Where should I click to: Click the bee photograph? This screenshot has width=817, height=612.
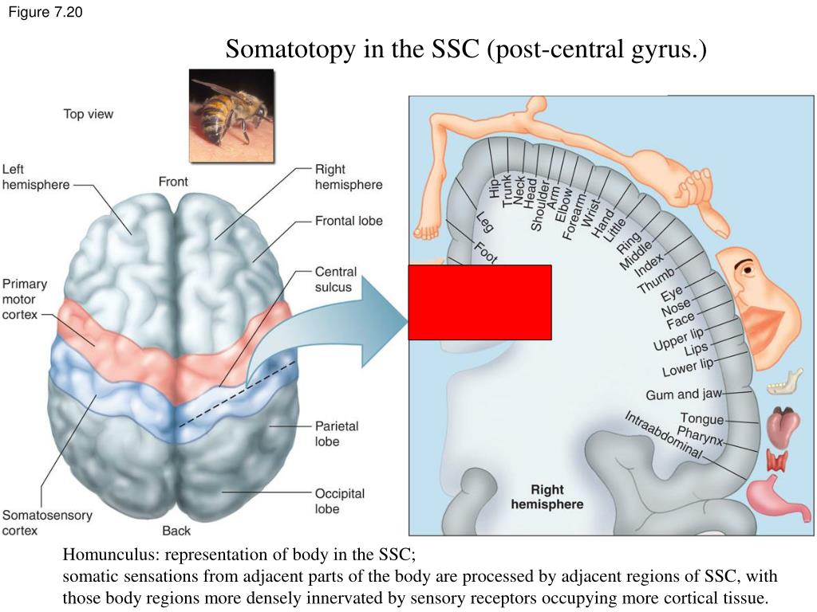(x=232, y=116)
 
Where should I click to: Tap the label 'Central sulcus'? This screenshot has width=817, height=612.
(x=336, y=280)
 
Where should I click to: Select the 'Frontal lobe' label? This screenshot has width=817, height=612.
(x=349, y=221)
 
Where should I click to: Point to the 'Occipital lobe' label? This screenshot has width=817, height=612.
(x=340, y=500)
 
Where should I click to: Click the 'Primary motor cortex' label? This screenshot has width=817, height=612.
(x=25, y=300)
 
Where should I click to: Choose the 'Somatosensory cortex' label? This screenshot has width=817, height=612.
(x=47, y=523)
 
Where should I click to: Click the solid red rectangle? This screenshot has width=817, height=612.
(x=480, y=302)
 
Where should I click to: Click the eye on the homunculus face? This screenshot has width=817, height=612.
(x=746, y=269)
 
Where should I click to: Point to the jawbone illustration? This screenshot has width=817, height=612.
(x=785, y=382)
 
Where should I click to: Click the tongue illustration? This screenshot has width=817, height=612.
(x=783, y=426)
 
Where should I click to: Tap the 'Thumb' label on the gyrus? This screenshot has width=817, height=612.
(x=656, y=280)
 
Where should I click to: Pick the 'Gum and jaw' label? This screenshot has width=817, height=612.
(x=684, y=394)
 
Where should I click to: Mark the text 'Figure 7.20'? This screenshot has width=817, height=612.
(x=45, y=12)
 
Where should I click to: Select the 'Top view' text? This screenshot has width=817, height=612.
(x=88, y=114)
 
